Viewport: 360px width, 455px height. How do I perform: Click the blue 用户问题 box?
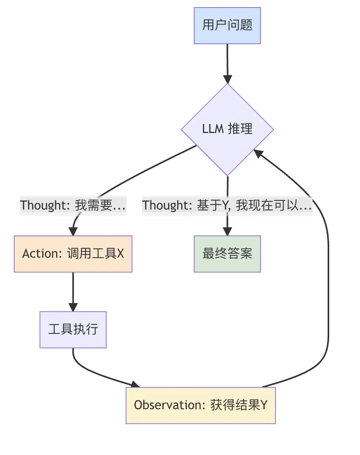tap(227, 25)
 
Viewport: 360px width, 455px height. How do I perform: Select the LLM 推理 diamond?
tap(227, 129)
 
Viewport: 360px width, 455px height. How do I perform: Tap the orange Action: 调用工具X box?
tap(73, 254)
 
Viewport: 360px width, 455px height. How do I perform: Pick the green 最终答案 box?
tap(227, 254)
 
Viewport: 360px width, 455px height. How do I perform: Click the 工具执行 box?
tap(73, 330)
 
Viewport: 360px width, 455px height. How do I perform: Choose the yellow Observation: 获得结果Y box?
tap(201, 405)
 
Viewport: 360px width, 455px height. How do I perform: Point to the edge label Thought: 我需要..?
tap(73, 205)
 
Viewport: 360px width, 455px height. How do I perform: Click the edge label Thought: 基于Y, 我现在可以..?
tap(227, 205)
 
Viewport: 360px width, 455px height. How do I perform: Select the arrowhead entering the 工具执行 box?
tap(73, 307)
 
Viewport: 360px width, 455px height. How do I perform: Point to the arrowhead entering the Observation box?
tap(135, 384)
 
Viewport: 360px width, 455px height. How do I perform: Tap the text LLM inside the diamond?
tap(212, 129)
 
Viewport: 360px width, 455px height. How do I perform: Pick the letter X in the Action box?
tap(120, 254)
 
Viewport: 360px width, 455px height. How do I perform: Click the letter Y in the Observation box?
tap(264, 405)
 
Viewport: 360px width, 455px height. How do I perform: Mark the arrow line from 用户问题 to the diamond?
tap(227, 59)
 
